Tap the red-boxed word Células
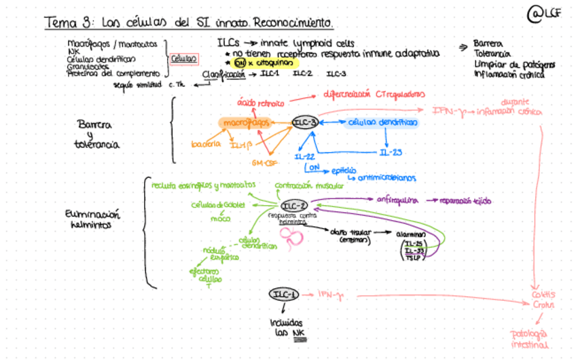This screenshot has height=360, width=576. [183, 59]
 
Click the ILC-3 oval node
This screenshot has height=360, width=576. [305, 122]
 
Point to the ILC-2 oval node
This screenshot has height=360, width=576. [294, 206]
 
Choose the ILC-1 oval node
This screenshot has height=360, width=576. [284, 294]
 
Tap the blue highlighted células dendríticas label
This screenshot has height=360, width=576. [382, 123]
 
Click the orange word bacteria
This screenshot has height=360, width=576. [206, 145]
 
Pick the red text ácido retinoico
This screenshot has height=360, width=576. [259, 103]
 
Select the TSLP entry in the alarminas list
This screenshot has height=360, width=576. [413, 258]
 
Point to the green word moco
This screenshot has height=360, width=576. [220, 219]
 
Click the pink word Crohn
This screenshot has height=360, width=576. [543, 306]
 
